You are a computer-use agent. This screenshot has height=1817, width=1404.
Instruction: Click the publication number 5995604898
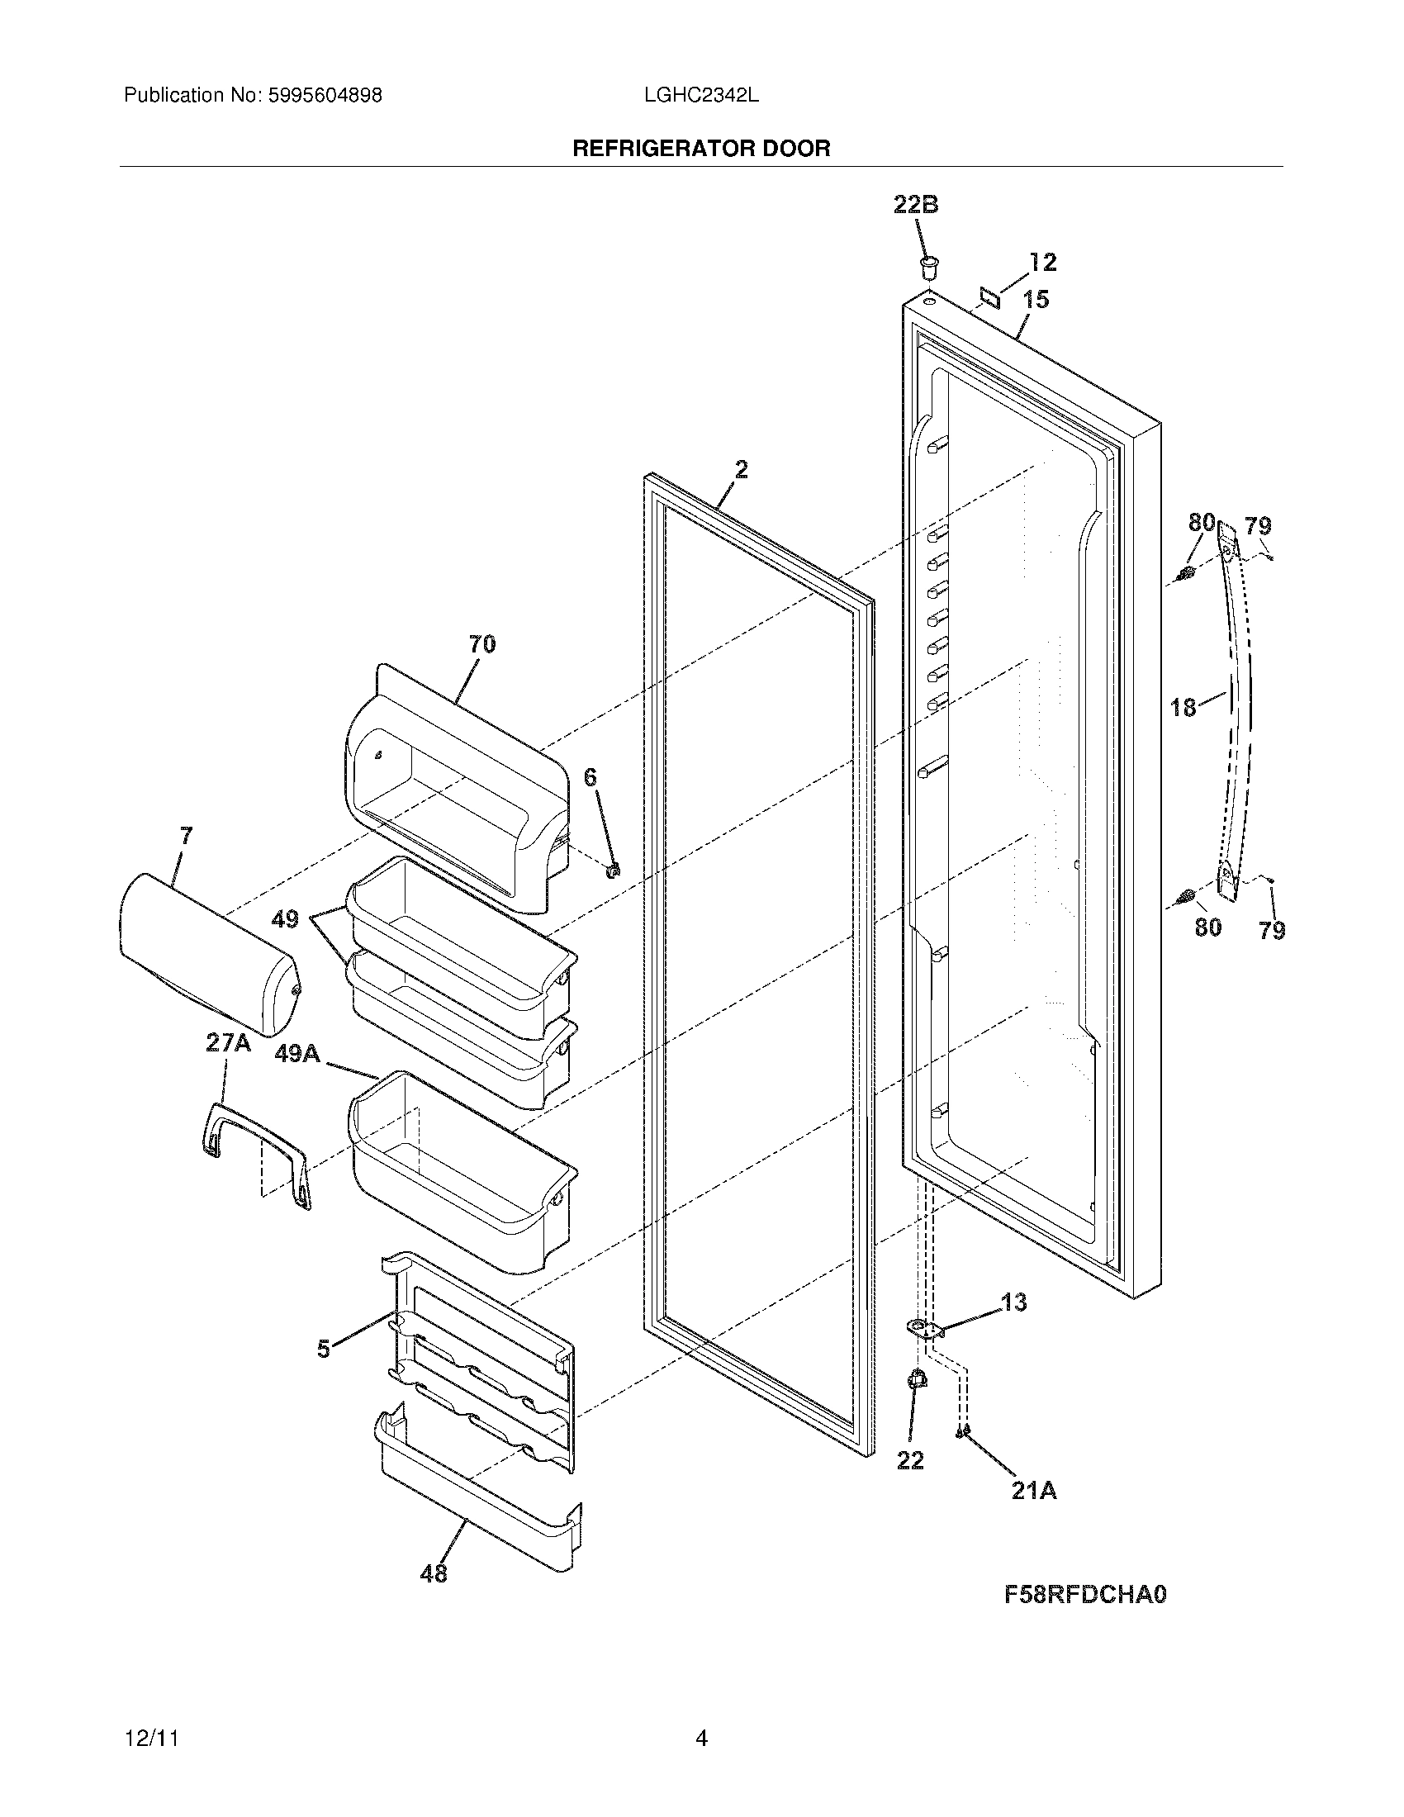(325, 96)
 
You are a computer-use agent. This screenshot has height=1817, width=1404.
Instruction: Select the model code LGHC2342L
(700, 96)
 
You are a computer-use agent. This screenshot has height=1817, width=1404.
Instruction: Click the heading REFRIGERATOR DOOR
(701, 149)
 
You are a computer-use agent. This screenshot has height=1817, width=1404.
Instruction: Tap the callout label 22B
(916, 205)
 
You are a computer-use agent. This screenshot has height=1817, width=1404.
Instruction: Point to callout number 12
(1042, 263)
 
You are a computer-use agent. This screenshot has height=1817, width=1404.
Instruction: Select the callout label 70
(482, 644)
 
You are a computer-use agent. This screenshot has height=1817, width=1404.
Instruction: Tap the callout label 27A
(228, 1043)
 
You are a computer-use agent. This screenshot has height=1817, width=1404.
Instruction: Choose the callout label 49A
(297, 1053)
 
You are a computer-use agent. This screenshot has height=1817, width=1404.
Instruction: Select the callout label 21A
(1034, 1491)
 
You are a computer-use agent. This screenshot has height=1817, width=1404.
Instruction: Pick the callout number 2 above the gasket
(741, 470)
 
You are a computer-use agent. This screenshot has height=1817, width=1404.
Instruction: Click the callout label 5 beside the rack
(324, 1350)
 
